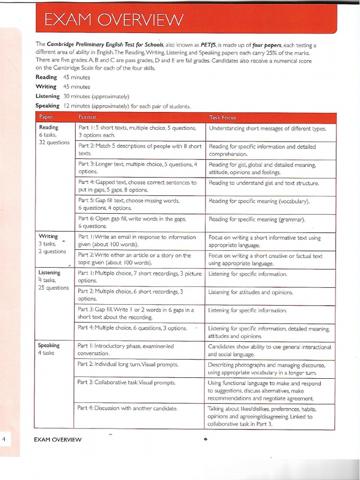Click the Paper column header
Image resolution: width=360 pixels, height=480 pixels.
[x=46, y=117]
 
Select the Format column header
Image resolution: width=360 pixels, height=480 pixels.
[x=87, y=117]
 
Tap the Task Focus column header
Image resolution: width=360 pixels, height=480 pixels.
[x=223, y=117]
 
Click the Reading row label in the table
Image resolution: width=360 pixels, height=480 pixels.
[x=49, y=127]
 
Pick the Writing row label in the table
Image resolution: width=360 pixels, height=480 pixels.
[x=48, y=236]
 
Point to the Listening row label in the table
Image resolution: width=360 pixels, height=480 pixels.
[x=50, y=273]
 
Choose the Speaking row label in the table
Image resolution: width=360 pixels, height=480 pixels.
[x=49, y=345]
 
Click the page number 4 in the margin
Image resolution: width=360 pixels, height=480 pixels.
[x=4, y=439]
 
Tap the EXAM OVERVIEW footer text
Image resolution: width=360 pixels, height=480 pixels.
[x=58, y=439]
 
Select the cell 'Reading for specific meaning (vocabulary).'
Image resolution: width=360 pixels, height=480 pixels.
[x=259, y=201]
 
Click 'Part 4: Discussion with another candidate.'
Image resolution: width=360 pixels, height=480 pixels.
[x=127, y=408]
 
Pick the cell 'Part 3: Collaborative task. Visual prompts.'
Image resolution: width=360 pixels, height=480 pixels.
[x=127, y=382]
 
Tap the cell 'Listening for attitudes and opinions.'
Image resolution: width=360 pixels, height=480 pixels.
[x=250, y=292]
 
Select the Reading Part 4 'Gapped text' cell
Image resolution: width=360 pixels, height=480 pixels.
[x=138, y=186]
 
